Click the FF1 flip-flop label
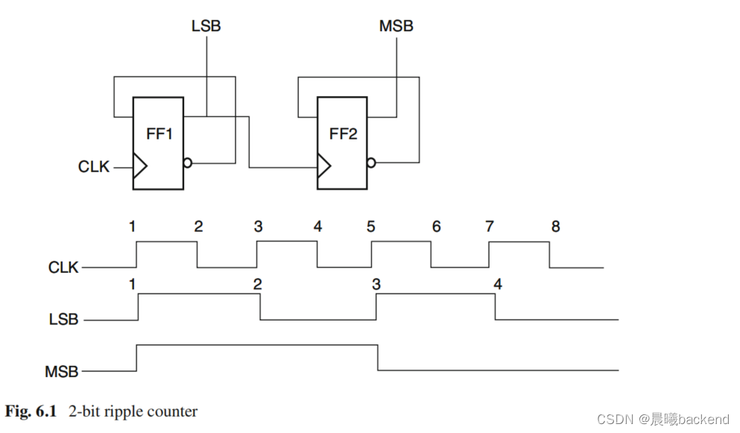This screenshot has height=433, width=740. coord(159,135)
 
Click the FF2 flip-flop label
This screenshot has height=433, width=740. coord(343,135)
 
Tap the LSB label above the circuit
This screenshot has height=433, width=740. coord(206,27)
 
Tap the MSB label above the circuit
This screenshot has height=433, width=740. coord(396,27)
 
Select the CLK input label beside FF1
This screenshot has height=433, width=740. coord(94,167)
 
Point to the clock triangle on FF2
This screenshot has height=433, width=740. coord(324,165)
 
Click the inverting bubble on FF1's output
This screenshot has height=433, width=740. coord(187,163)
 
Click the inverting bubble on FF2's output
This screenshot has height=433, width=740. coord(371,163)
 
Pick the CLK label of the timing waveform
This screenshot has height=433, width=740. coord(63,267)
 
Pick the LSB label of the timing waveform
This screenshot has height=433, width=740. coord(63,320)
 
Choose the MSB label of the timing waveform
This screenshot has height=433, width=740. coord(63,370)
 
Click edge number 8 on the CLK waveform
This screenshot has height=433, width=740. coord(555,227)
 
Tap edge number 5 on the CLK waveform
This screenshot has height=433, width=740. coord(371,227)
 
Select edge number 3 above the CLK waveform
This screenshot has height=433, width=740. coord(258,227)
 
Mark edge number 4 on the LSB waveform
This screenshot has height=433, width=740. coord(497,284)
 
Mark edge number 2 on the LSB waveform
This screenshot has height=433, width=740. coord(258,284)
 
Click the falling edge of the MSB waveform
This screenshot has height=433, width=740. coord(378,357)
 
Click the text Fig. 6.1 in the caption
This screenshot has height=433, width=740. coord(31,411)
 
